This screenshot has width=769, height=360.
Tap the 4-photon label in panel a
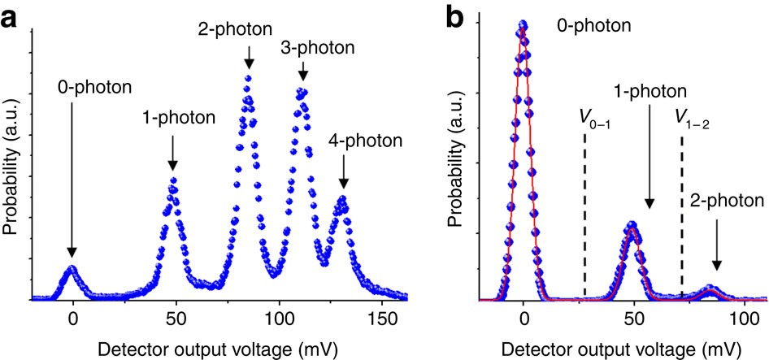(365, 141)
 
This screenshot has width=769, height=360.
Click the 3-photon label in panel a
(317, 47)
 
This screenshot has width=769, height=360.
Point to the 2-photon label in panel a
(247, 30)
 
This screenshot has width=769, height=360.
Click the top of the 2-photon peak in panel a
(249, 78)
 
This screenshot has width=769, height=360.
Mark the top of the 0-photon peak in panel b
(524, 24)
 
